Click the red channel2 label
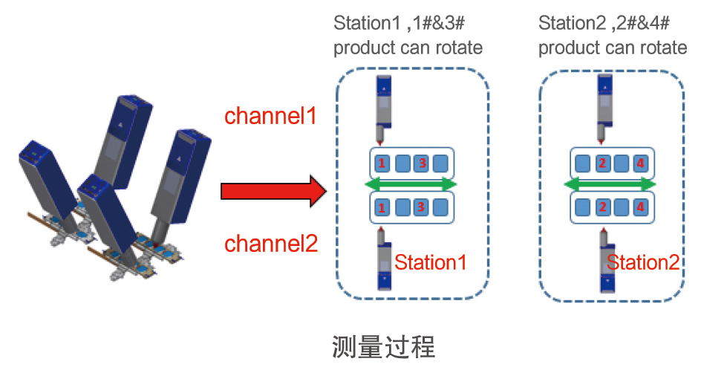tap(271, 243)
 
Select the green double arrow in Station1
tap(411, 184)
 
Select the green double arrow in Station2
tap(610, 184)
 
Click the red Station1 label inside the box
tap(430, 262)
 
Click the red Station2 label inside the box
tap(643, 262)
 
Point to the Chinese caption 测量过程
tap(382, 346)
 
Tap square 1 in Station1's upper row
tap(381, 163)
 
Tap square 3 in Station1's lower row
tap(420, 207)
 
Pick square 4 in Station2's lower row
tap(641, 207)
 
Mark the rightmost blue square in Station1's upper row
tap(440, 163)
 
